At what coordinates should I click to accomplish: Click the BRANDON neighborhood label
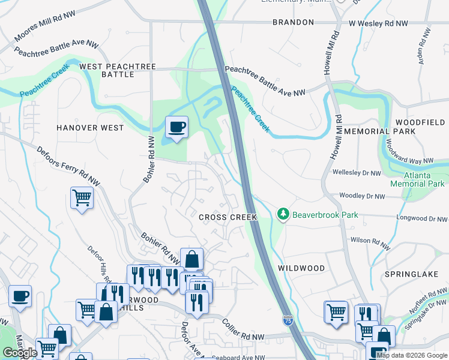coord(293,22)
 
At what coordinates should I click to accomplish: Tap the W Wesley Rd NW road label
coord(379,23)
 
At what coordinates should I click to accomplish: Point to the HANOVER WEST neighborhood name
coord(90,128)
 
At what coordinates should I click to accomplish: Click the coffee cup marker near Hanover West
coord(176,127)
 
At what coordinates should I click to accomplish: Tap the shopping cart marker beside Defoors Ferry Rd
coord(82,197)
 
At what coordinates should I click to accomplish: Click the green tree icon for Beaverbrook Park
coord(283,214)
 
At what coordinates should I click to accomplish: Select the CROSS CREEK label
coord(228,217)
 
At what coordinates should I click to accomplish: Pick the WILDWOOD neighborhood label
coord(301,268)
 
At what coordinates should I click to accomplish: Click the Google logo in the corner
coord(20,353)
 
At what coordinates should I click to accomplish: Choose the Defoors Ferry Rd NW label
coord(67,166)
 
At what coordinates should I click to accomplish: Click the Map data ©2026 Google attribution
coord(411,355)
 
